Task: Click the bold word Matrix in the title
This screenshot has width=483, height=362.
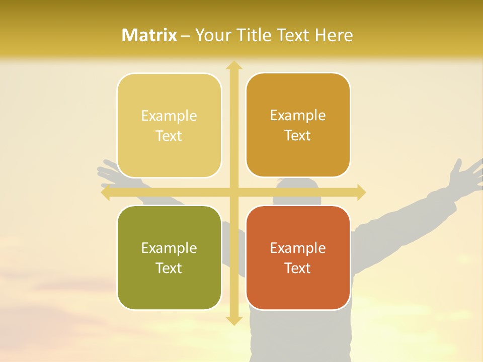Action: coord(149,35)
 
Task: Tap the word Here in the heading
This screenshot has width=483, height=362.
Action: coord(334,35)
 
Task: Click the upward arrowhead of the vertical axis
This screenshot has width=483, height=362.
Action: coord(233,65)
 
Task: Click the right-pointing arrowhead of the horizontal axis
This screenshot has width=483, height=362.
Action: coord(361,192)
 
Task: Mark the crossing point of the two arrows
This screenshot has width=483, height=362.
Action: coord(233,192)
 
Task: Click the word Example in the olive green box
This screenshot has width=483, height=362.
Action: coord(169,248)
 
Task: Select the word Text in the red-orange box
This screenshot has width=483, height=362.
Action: coord(298,268)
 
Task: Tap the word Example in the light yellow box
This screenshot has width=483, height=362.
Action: coord(169,116)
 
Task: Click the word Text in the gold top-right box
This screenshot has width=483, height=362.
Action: coord(298,136)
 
